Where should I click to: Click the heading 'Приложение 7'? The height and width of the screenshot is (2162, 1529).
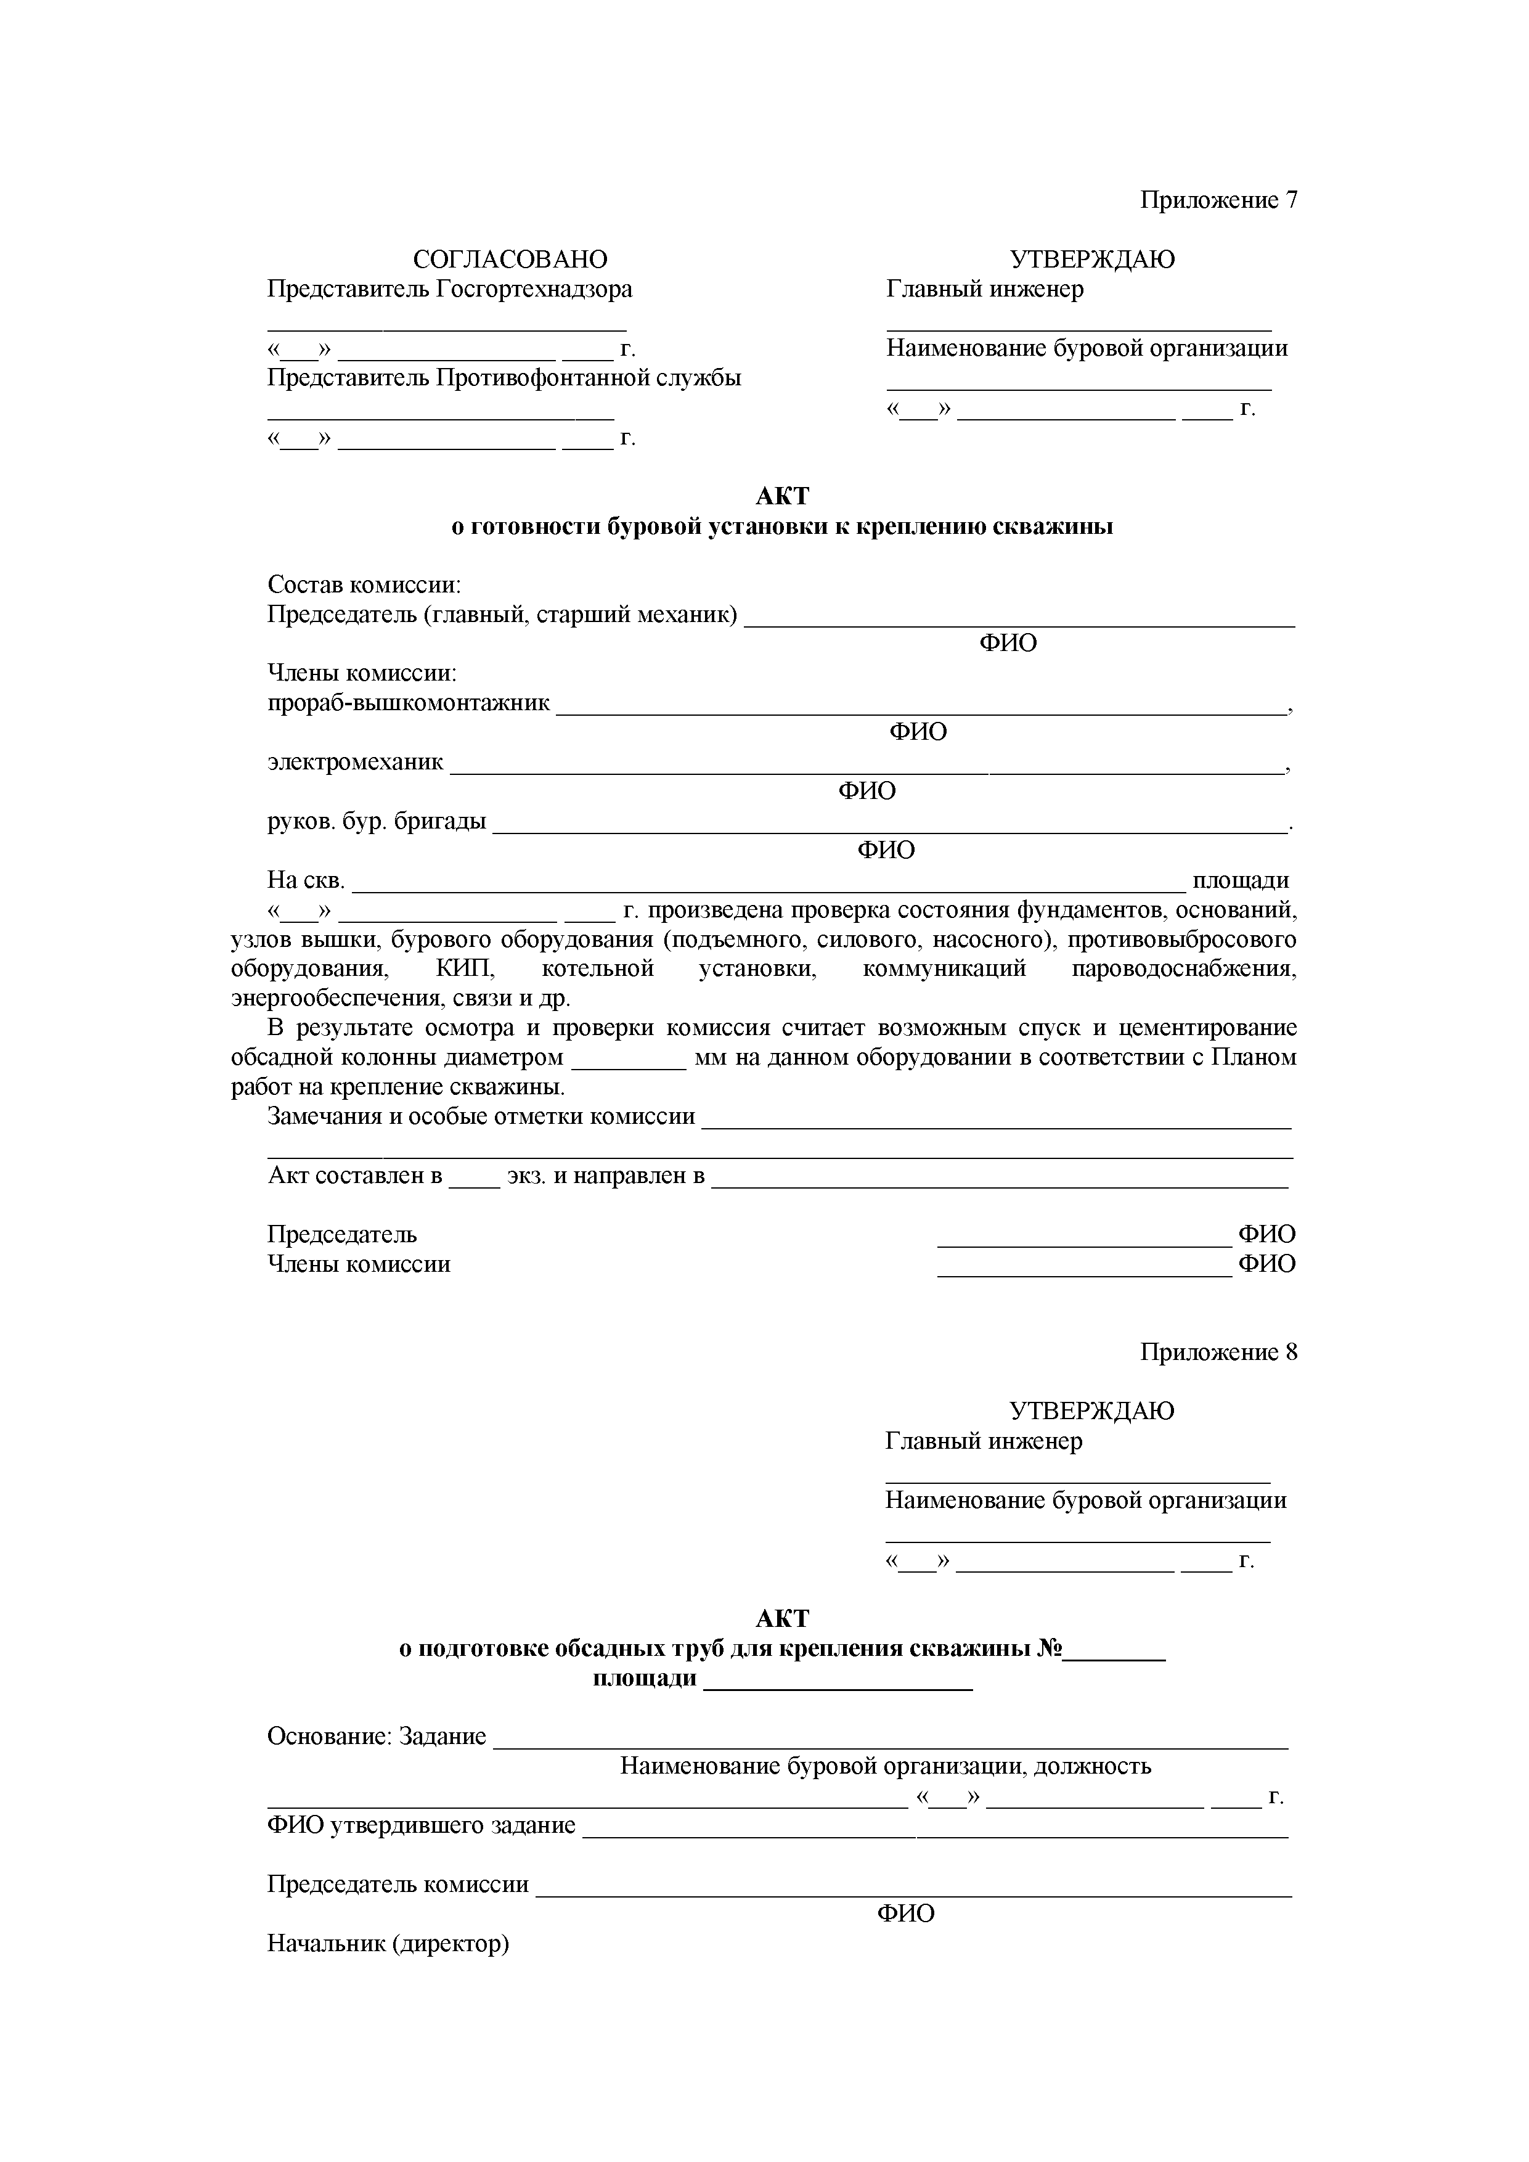tap(1218, 200)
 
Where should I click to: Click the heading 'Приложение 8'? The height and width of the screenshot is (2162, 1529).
tap(1218, 1352)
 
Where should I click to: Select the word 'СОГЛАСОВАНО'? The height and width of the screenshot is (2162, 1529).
tap(510, 259)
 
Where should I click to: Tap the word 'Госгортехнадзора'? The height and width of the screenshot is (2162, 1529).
tap(534, 289)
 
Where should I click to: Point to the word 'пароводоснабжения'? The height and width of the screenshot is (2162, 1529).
tap(1183, 970)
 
